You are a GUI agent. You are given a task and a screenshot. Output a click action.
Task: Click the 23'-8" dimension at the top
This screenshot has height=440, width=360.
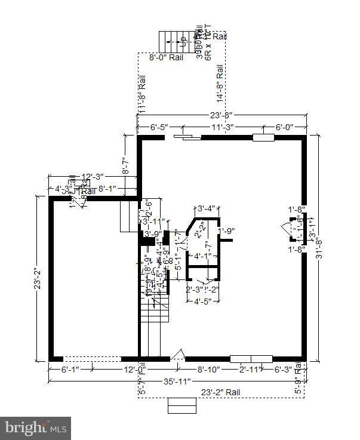[x=221, y=115]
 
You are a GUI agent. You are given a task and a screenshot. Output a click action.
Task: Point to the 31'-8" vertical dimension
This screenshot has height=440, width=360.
[x=320, y=250]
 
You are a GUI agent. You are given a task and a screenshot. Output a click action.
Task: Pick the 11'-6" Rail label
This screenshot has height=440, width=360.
[x=142, y=95]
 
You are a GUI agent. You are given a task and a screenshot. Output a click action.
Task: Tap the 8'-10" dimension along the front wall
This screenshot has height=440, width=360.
[x=209, y=370]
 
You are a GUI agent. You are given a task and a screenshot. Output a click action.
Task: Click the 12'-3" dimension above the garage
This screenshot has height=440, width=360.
[x=93, y=177]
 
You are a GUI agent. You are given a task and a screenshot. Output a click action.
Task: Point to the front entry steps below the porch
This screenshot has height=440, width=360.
[x=181, y=405]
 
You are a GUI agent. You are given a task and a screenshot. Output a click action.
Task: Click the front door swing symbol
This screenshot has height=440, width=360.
[x=178, y=355]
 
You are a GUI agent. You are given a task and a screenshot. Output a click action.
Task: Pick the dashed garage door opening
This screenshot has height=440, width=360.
[x=93, y=359]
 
